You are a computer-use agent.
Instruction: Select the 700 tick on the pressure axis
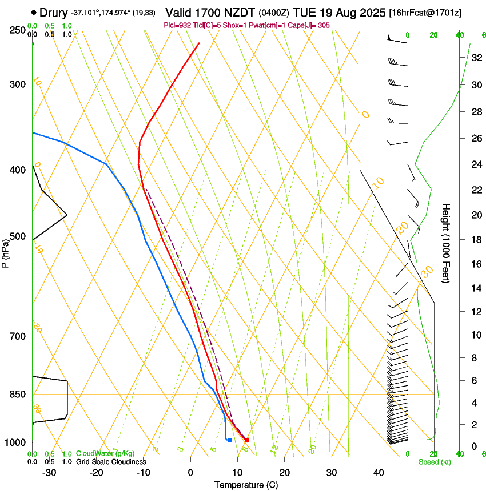(17, 336)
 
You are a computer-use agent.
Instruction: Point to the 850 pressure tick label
(17, 395)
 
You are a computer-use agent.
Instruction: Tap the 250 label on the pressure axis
(17, 30)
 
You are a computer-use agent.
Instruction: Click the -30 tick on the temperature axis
(50, 473)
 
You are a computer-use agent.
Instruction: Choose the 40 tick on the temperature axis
(379, 473)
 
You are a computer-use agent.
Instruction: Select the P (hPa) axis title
(6, 252)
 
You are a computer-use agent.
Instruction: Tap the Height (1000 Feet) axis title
(447, 243)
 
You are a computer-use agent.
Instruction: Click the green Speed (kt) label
(434, 462)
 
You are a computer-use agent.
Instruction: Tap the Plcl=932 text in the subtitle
(177, 25)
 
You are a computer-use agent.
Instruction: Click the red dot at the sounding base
(246, 440)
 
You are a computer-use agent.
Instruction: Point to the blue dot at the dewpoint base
(229, 440)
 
